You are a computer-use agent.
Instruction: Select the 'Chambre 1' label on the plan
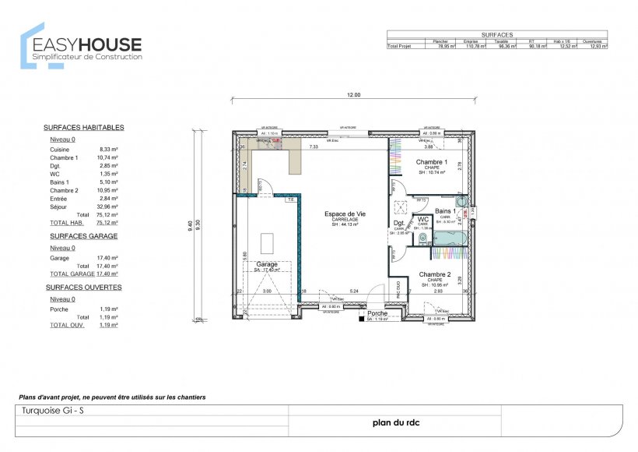[431, 162]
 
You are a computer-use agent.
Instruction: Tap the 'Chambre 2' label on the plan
[434, 274]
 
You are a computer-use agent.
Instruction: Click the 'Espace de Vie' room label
[345, 214]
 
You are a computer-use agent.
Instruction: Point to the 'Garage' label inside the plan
[266, 264]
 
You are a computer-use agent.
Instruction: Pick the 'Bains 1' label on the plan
[445, 211]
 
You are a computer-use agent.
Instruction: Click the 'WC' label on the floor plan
[422, 219]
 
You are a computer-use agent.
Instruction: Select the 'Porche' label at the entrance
[377, 313]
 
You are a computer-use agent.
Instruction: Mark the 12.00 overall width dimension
[353, 95]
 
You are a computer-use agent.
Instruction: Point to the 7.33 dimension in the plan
[314, 147]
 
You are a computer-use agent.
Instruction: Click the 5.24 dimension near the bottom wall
[352, 291]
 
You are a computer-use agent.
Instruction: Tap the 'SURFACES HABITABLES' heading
[83, 127]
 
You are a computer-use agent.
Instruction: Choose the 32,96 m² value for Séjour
[107, 207]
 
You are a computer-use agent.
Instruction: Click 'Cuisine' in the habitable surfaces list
[60, 149]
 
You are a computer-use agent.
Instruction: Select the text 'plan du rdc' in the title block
[394, 424]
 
